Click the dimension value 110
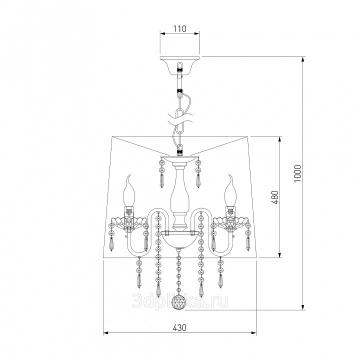pyautogui.click(x=179, y=28)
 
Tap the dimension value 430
pyautogui.click(x=179, y=327)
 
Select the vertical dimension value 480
pyautogui.click(x=275, y=197)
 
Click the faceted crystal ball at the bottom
pyautogui.click(x=179, y=303)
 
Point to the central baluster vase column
pyautogui.click(x=179, y=197)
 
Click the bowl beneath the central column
pyautogui.click(x=179, y=240)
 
